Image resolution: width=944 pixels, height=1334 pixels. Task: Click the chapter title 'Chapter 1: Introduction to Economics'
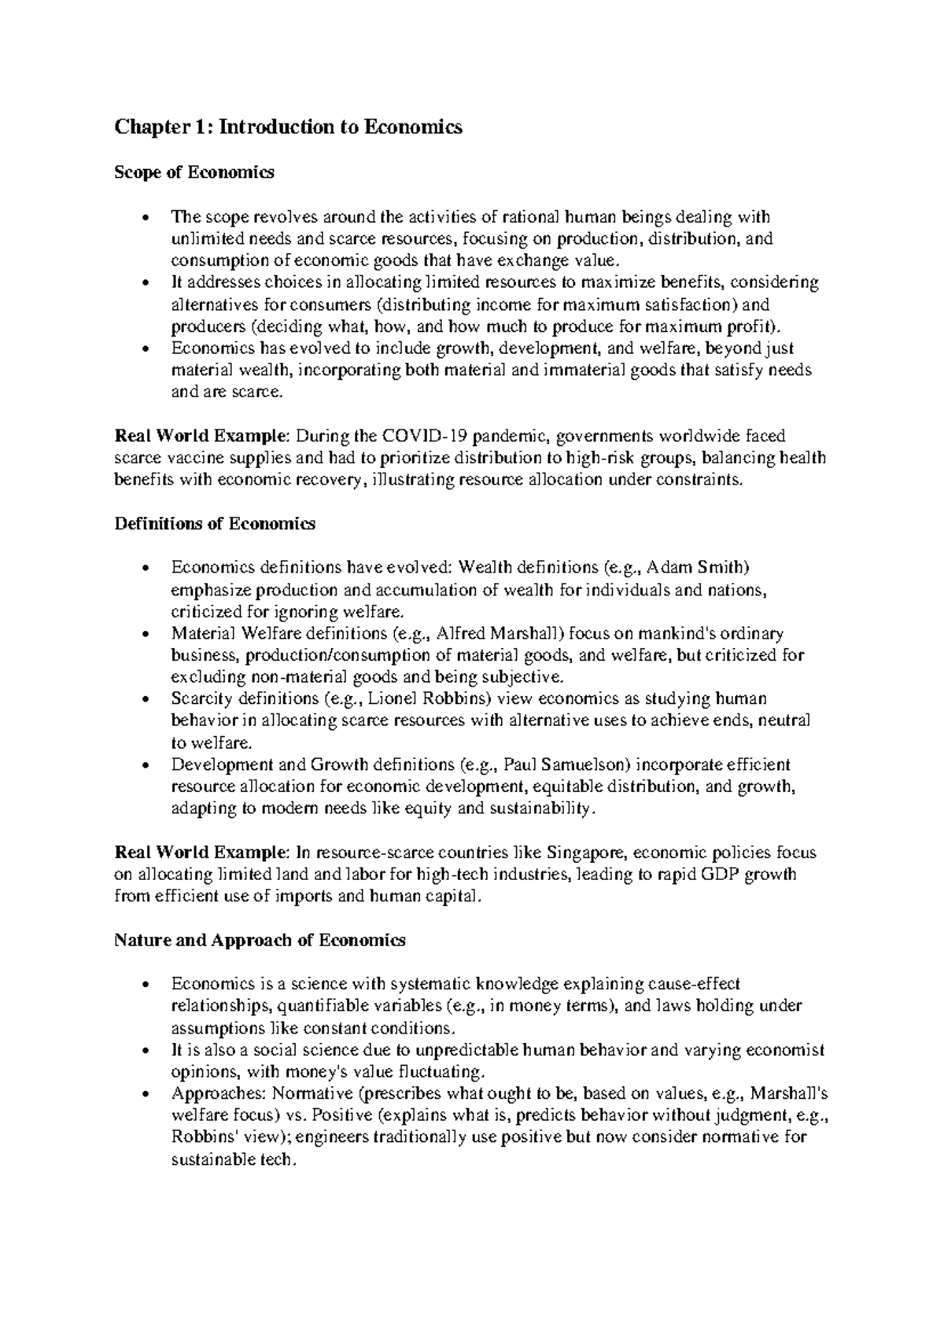point(288,127)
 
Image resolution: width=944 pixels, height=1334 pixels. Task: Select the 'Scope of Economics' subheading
point(194,173)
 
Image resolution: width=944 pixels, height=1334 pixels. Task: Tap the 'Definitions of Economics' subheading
point(215,523)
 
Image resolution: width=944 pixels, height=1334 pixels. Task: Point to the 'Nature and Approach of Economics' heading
point(260,940)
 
